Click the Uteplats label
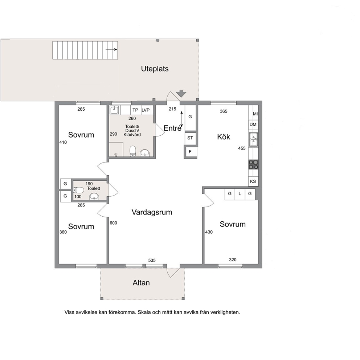click(x=155, y=69)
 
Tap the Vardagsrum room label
click(x=152, y=212)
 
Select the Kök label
click(x=224, y=137)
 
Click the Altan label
click(x=141, y=283)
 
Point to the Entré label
click(x=172, y=128)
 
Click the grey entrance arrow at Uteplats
click(x=181, y=93)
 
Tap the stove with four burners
click(x=253, y=165)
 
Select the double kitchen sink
click(x=253, y=139)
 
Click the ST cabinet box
click(x=190, y=138)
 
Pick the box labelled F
click(x=190, y=152)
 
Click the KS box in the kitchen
click(x=253, y=181)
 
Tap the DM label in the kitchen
click(x=253, y=124)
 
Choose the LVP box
click(x=146, y=110)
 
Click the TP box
click(x=135, y=110)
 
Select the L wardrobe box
click(x=240, y=194)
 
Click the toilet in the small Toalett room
click(x=78, y=190)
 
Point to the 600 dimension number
click(x=114, y=223)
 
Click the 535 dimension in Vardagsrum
click(x=152, y=260)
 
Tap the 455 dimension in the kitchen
click(x=242, y=148)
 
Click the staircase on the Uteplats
click(x=85, y=50)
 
